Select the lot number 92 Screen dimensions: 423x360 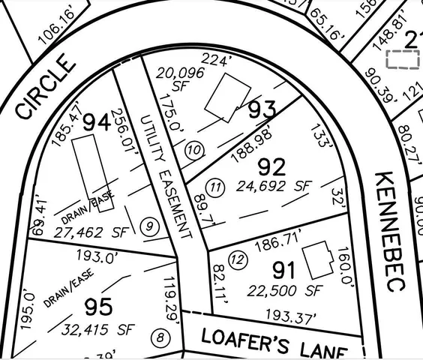point(272,166)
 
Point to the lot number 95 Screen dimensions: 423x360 point(98,306)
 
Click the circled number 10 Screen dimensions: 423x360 point(195,150)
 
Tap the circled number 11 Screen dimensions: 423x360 point(216,187)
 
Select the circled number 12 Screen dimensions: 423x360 point(238,261)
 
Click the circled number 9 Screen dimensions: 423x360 point(150,226)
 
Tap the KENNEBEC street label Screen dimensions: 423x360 point(391,232)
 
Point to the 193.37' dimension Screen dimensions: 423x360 point(289,316)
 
